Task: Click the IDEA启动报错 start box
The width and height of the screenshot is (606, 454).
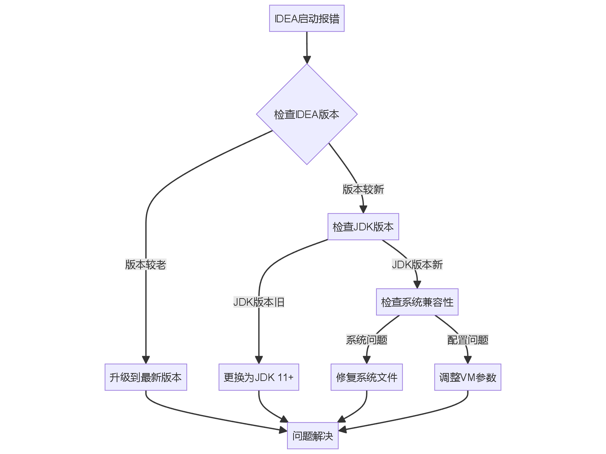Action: click(x=307, y=19)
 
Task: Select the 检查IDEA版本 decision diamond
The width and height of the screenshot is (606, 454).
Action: click(x=307, y=114)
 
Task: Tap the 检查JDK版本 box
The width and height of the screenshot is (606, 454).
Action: click(x=363, y=227)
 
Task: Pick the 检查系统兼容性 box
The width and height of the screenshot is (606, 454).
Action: click(x=417, y=302)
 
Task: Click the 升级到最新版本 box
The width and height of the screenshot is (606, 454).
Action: click(x=146, y=377)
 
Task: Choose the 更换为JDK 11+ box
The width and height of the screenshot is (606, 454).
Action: click(x=259, y=377)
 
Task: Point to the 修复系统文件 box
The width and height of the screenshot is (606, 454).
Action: click(x=367, y=377)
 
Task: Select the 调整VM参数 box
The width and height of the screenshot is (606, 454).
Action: click(x=468, y=377)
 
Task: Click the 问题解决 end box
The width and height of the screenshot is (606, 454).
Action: click(x=312, y=435)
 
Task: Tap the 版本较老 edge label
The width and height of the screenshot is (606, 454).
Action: click(x=146, y=264)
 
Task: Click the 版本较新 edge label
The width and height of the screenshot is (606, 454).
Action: click(x=363, y=189)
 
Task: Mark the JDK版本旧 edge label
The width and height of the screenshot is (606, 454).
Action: click(x=259, y=302)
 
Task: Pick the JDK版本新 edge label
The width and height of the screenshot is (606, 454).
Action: click(x=417, y=264)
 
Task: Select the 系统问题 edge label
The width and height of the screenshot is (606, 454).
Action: click(x=367, y=340)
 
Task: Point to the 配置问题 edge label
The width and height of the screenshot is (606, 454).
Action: click(x=468, y=340)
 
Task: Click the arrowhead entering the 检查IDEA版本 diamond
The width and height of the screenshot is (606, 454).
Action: click(x=307, y=60)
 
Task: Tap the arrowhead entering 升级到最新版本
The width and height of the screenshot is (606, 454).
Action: click(x=146, y=360)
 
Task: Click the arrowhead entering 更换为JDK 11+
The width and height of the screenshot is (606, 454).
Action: click(x=259, y=360)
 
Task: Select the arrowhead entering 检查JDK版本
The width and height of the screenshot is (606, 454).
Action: click(x=363, y=209)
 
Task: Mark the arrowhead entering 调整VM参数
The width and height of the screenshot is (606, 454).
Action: click(x=468, y=360)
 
